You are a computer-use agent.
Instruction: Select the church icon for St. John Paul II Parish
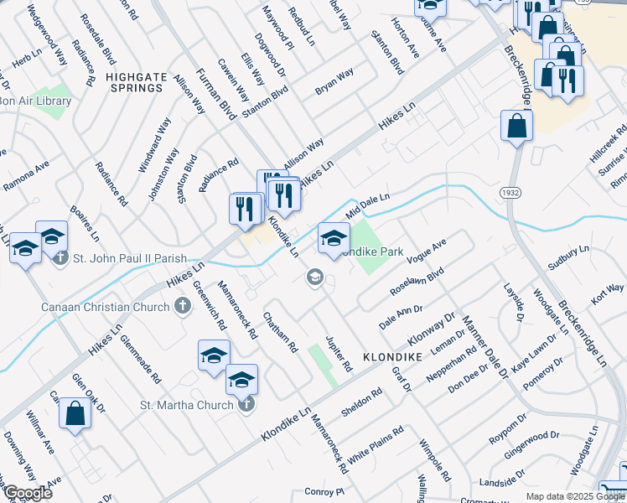coord(60,258)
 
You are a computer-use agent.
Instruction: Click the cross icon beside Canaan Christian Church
coord(182,307)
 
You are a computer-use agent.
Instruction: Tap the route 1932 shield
coord(509,193)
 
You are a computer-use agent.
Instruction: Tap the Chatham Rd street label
coord(280,331)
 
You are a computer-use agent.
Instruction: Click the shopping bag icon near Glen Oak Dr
coord(75,413)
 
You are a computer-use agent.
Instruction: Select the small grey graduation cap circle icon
coord(315,277)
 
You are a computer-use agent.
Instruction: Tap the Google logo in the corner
coord(28,493)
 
